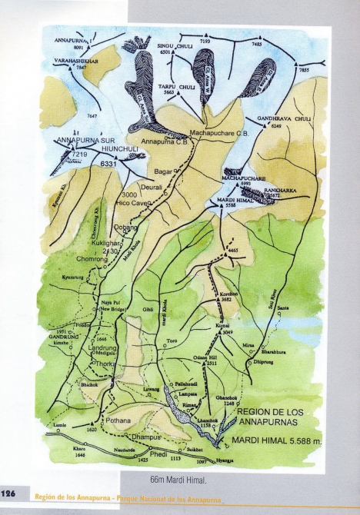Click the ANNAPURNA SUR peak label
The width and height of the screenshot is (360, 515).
coord(84,141)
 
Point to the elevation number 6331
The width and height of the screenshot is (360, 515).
coord(108,164)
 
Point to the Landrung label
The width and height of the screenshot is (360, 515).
coord(103,347)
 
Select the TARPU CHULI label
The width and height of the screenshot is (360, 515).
coord(176,87)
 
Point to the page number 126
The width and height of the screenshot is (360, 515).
coord(10,493)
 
